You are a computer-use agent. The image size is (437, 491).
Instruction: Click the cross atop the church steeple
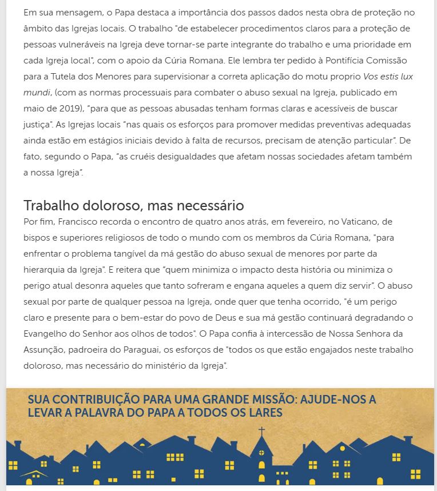point(262,431)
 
